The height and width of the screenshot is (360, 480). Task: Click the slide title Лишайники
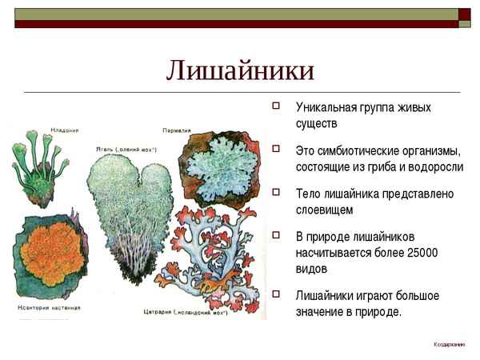(240, 70)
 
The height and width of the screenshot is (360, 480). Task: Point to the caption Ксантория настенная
(49, 306)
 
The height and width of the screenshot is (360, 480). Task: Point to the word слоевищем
(324, 209)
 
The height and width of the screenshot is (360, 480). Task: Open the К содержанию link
(449, 344)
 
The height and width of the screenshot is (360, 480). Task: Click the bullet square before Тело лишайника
(276, 193)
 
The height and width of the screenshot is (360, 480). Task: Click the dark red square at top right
(465, 13)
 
